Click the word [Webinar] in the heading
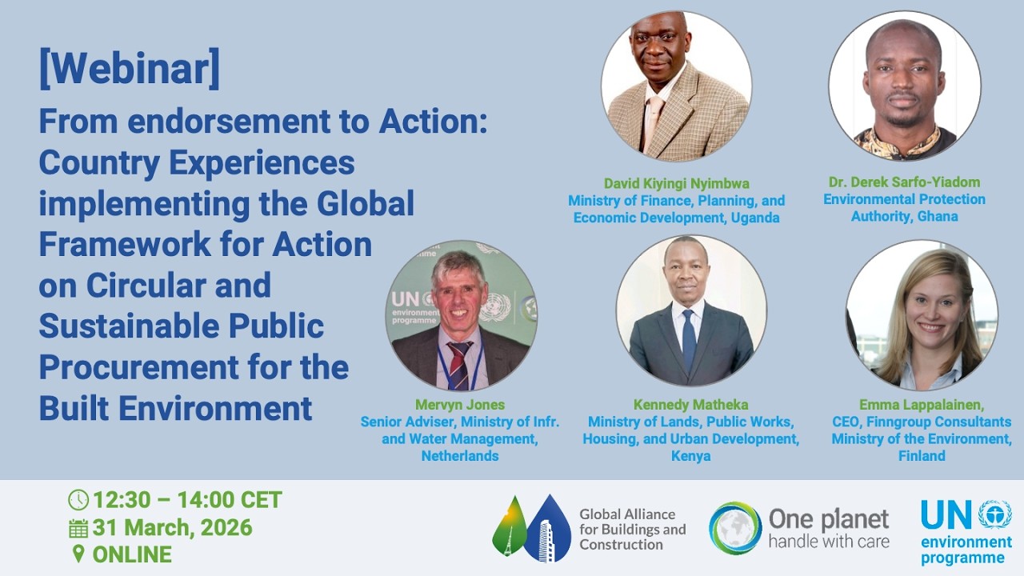click(129, 70)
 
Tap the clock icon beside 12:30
click(78, 500)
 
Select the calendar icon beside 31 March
click(78, 528)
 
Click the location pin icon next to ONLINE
click(78, 554)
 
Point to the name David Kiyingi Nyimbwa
click(676, 182)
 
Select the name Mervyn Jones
click(460, 405)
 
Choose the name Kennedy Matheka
click(690, 405)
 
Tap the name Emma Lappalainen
click(920, 405)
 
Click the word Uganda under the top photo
click(756, 217)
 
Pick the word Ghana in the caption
click(938, 216)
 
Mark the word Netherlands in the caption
click(460, 456)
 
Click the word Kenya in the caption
click(690, 456)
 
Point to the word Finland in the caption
click(922, 456)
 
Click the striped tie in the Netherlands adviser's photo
click(460, 364)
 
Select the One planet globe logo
click(735, 528)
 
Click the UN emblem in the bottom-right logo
click(994, 514)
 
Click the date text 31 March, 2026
click(172, 528)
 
